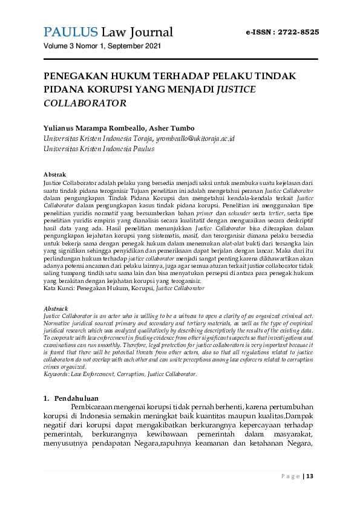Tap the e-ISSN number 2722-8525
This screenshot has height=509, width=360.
point(298,32)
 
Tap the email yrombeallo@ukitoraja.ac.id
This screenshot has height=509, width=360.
point(195,138)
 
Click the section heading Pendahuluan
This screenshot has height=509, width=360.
point(76,398)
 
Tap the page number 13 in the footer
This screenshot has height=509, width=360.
point(310,476)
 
